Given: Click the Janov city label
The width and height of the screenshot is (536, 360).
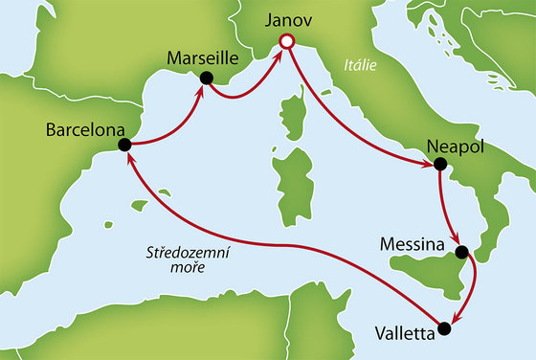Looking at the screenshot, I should coord(284,19).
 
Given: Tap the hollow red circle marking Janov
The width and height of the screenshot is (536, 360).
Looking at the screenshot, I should coord(284,41).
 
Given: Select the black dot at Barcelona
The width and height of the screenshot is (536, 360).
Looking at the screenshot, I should coord(123,145).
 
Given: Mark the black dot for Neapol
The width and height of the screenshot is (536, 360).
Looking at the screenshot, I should coord(439,164).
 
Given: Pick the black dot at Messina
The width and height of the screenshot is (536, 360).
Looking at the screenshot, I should coord(462,253).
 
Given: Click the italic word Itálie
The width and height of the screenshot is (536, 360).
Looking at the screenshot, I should coord(358,66).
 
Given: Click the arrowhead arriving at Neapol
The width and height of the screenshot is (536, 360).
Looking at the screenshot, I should coord(427,164).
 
